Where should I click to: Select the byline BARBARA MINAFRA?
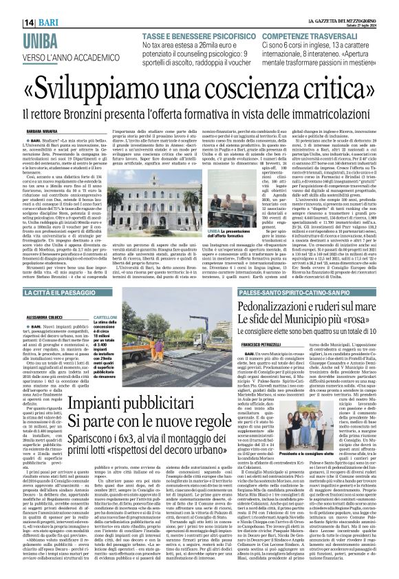[43, 127]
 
